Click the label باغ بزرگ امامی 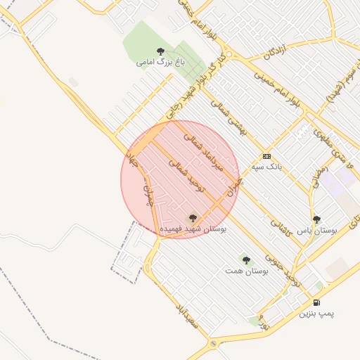pos(155,63)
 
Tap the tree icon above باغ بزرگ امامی pos(161,51)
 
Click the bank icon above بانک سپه pos(266,156)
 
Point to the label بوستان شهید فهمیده pos(193,230)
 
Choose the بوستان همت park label pos(243,271)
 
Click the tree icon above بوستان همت pos(245,260)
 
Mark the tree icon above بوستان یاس pos(316,219)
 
